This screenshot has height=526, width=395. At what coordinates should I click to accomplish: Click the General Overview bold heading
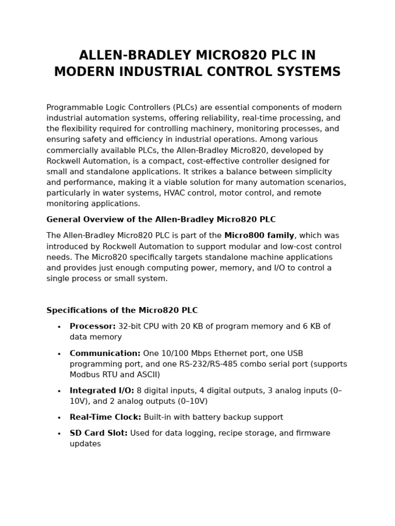click(x=161, y=220)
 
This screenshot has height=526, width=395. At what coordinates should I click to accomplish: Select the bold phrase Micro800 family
click(x=259, y=236)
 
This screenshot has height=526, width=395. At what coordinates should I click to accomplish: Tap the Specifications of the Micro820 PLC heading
click(x=122, y=311)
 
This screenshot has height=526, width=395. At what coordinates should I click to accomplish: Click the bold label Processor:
click(x=93, y=327)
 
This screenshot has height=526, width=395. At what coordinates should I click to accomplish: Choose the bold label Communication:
click(x=105, y=353)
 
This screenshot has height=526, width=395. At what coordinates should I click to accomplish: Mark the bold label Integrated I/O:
click(x=102, y=391)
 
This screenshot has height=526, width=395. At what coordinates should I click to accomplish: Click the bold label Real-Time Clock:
click(x=105, y=418)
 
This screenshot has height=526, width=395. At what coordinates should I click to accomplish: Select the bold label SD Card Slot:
click(x=99, y=434)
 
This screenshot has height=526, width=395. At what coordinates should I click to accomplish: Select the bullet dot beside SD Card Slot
click(x=59, y=434)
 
